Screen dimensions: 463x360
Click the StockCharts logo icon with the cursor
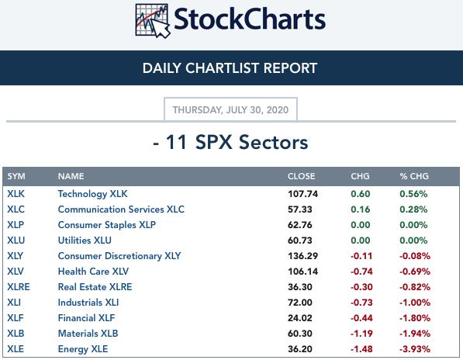pos(153,21)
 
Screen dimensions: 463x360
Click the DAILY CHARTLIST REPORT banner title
pos(230,68)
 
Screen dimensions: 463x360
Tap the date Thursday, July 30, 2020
pos(230,110)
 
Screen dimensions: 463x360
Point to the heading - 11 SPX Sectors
pos(230,142)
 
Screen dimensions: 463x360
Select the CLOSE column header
pos(302,176)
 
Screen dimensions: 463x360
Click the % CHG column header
pos(414,176)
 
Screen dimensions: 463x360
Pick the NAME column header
pos(71,176)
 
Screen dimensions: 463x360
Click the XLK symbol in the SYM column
pos(16,194)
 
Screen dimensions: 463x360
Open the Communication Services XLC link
pos(121,209)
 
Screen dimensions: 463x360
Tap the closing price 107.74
pos(303,194)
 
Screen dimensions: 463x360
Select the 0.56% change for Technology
pos(413,194)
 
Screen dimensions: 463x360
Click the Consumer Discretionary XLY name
pos(119,256)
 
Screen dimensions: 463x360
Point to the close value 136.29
pos(303,256)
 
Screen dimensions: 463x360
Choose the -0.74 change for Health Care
pos(361,272)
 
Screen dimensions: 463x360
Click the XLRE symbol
pos(19,287)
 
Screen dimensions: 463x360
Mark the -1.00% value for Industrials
pos(415,303)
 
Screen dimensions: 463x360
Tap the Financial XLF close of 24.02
pos(300,318)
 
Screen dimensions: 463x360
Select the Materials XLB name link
pos(88,334)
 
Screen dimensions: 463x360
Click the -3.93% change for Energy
pos(415,349)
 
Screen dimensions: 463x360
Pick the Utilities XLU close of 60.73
pos(300,241)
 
